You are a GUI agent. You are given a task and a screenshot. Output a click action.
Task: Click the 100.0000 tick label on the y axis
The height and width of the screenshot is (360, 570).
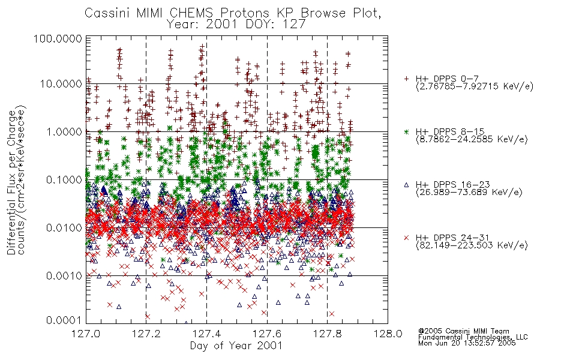pos(58,38)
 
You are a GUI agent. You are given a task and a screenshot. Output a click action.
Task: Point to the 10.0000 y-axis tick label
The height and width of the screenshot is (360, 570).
pos(61,84)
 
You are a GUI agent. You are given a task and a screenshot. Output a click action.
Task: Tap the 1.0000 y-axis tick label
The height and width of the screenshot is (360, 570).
pos(64,131)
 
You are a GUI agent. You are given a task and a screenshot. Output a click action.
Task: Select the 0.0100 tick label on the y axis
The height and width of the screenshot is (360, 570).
pos(64,228)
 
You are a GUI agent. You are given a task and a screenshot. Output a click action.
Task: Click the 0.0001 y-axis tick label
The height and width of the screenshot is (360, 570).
pos(64,320)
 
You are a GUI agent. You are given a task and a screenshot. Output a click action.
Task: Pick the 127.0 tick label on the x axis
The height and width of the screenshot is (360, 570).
pos(86,334)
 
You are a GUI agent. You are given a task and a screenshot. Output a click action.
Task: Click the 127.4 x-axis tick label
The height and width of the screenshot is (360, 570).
pos(206,334)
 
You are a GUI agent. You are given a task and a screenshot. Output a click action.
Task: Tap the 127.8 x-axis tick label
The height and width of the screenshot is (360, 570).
pos(327,334)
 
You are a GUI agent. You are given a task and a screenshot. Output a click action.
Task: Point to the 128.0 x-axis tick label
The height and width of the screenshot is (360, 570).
pos(388,334)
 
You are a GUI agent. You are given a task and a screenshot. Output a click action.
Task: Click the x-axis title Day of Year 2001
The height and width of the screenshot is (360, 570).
pos(236,346)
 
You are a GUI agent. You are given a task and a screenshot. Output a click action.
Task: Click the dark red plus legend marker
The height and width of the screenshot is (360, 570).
pos(406,79)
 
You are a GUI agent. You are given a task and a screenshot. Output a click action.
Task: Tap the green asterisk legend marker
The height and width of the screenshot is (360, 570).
pos(406,131)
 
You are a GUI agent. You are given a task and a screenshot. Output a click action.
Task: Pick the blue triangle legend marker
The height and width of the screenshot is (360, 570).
pos(406,185)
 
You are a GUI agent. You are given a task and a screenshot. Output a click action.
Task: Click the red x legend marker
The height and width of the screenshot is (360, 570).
pos(406,238)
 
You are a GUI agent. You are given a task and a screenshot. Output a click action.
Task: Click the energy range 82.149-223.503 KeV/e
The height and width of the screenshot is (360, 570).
pos(472,245)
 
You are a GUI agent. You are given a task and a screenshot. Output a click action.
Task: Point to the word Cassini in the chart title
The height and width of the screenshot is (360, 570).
pos(107,13)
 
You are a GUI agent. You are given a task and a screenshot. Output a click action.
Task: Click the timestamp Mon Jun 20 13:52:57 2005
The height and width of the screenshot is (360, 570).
pos(467,343)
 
